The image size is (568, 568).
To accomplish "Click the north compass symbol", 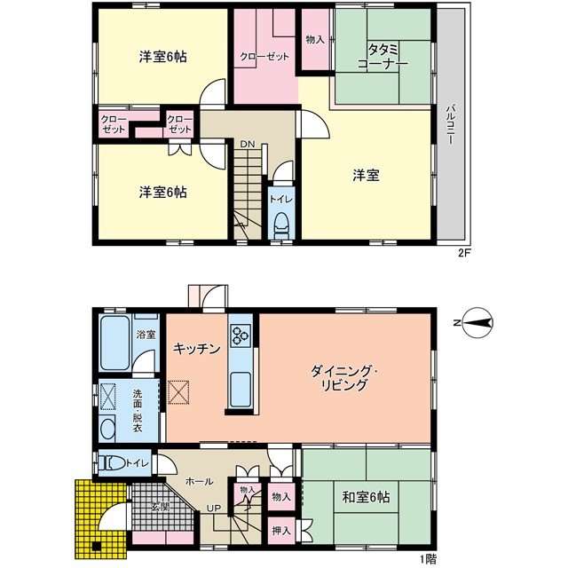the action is pos(476,322).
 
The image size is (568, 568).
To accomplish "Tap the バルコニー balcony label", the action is pos(451,124).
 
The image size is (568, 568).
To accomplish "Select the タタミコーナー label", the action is pos(383,56).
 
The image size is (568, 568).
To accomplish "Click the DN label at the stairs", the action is pos(248,144).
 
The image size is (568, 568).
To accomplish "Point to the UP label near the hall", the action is pos(214,509).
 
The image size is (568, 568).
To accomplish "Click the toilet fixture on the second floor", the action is pos(281,225).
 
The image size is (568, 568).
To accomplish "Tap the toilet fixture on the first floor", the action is pos(112,463).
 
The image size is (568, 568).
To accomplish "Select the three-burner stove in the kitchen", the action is pos(241,335).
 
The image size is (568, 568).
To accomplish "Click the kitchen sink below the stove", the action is pos(240,389).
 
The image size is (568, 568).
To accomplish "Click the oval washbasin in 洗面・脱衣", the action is pos(107,429).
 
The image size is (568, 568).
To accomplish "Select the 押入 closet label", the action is pos(281,531).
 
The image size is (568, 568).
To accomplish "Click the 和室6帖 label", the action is pos(366,497).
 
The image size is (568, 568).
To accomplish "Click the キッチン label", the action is pos(197,349).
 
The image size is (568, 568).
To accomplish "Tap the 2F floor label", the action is pos(464,253).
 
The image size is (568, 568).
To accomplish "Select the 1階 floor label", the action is pos(428,560).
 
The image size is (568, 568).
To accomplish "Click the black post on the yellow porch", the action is pos(96,547).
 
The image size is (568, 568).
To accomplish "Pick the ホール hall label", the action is pos(199,481).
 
